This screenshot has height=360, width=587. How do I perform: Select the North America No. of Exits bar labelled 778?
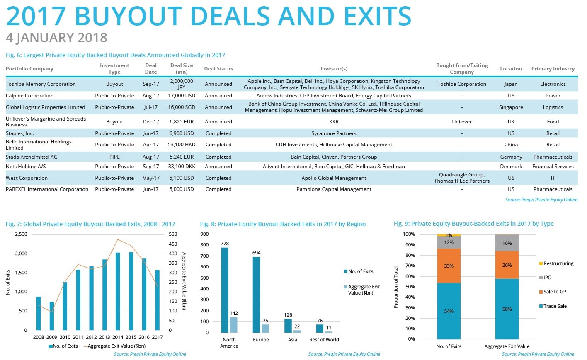click(x=225, y=290)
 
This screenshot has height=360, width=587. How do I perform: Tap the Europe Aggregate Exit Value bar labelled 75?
click(x=265, y=328)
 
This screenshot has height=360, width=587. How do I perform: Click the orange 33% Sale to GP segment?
click(x=449, y=266)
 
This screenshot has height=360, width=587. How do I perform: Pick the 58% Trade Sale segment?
click(x=507, y=309)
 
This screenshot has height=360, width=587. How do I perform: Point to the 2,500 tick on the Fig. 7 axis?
click(x=21, y=234)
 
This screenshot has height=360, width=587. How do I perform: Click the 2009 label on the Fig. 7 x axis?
click(x=52, y=337)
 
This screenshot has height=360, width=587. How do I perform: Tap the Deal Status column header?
click(x=218, y=69)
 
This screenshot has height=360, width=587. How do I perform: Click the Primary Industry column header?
click(x=553, y=69)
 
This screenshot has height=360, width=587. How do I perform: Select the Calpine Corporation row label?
click(x=29, y=96)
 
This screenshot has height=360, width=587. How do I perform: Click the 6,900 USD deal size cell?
click(x=182, y=133)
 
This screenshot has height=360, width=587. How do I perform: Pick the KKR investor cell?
click(x=334, y=122)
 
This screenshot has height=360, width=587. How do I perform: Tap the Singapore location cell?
click(x=511, y=107)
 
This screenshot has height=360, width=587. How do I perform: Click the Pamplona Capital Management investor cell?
click(x=334, y=189)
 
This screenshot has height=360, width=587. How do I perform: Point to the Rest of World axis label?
click(x=324, y=340)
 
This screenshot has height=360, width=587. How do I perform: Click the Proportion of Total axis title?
click(x=396, y=287)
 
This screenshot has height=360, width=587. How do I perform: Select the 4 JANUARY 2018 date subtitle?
click(x=56, y=38)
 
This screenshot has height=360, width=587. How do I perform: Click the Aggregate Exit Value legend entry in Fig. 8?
click(x=363, y=290)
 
